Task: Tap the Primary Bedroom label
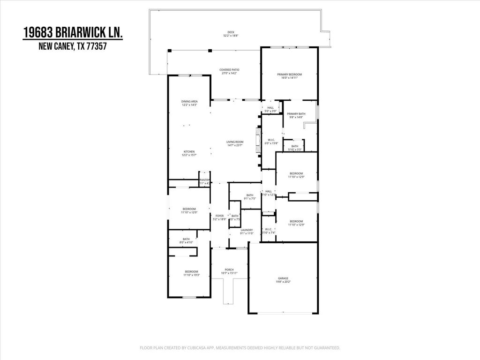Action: click(x=289, y=75)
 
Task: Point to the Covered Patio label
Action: click(x=229, y=70)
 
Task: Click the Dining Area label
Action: click(x=189, y=102)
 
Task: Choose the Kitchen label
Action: click(x=189, y=152)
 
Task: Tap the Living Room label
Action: click(x=235, y=142)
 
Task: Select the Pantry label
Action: click(x=204, y=180)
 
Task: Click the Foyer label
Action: click(x=219, y=216)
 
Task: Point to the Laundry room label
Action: click(x=247, y=230)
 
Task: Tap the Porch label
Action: click(x=229, y=270)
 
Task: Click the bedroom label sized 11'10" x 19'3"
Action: click(x=191, y=272)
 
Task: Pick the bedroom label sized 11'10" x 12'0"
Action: click(x=189, y=209)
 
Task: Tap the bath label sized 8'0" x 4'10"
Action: click(x=186, y=239)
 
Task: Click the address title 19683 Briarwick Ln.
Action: click(x=74, y=33)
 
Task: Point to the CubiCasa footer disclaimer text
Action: click(x=240, y=348)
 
